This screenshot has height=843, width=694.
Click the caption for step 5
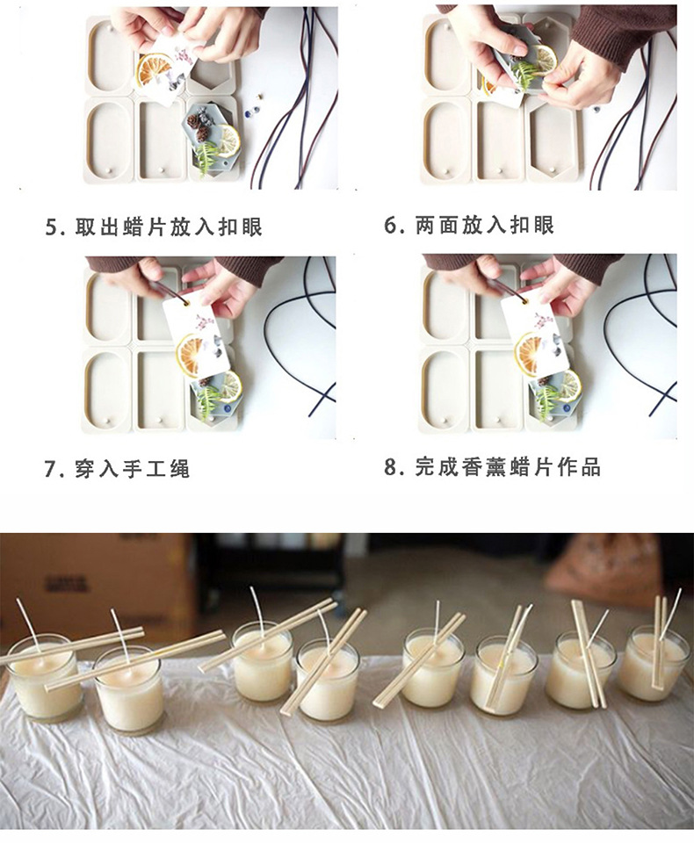click(154, 227)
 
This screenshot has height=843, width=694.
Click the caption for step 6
click(469, 226)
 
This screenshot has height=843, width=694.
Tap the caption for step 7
click(117, 469)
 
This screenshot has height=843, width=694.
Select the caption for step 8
click(492, 467)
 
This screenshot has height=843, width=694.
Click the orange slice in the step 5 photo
click(155, 69)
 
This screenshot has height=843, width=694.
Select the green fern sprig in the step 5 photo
click(207, 156)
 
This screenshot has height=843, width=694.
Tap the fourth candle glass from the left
click(328, 682)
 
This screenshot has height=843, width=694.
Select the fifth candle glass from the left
click(432, 674)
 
